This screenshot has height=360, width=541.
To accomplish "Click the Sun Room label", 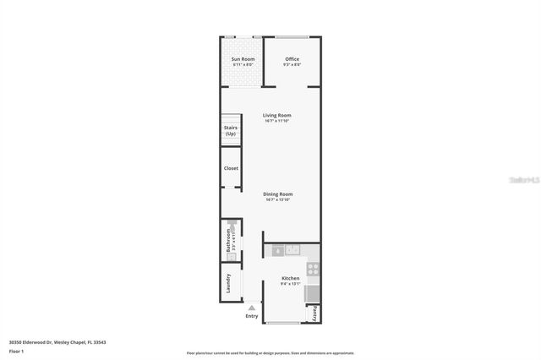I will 243,59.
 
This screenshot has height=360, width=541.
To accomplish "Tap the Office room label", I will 292,59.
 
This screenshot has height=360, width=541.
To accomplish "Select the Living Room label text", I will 277,115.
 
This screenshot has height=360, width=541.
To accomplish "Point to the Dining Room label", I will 277,194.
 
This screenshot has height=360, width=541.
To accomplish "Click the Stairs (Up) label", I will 231,131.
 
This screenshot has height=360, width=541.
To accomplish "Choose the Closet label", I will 231,168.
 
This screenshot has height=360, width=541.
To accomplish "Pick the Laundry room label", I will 228,283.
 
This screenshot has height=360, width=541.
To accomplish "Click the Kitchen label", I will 290,278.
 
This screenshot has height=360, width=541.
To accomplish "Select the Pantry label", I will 315,313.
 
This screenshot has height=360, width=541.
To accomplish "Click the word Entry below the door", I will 252,316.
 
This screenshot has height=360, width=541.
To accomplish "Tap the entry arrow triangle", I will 252,308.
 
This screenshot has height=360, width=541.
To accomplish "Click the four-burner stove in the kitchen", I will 312,270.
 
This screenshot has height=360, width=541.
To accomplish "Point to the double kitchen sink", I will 293,249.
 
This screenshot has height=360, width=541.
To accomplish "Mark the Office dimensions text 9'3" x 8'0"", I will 292,65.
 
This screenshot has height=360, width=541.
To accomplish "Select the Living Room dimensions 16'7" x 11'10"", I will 277,121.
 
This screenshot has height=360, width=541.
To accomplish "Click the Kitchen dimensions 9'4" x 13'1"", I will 290,284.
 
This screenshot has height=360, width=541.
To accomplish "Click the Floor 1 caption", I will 16,351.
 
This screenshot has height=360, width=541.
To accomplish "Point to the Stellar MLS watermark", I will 523,180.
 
